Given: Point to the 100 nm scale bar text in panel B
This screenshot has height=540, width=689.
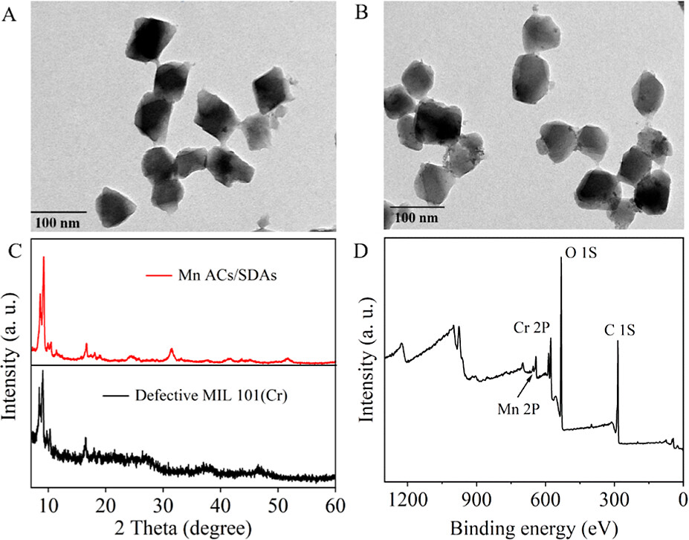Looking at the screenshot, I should tap(417, 217).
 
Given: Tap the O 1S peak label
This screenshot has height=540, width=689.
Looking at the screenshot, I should tap(580, 254).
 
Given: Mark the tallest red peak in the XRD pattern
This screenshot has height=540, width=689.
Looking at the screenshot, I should tap(44, 258).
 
